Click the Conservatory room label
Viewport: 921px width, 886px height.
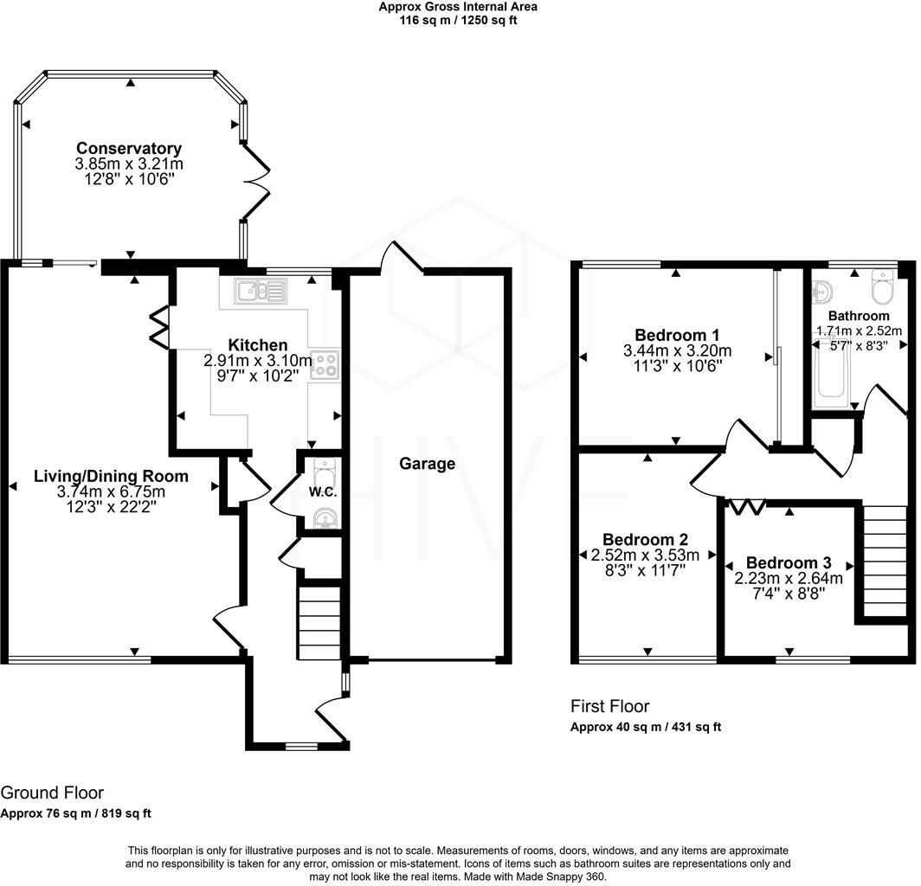coord(129,148)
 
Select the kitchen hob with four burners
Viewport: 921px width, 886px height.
coord(325,365)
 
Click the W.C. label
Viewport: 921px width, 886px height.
coord(323,492)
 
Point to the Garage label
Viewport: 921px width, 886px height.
coord(427,464)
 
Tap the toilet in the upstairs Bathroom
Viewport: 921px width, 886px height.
coord(882,287)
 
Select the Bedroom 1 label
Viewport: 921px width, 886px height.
coord(677,335)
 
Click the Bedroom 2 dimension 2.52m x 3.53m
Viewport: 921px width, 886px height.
coord(645,555)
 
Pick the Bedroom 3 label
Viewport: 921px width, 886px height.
coord(789,563)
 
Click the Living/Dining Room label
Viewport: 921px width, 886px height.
coord(111,476)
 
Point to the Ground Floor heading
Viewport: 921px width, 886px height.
coord(52,793)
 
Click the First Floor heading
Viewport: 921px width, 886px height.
coord(609,706)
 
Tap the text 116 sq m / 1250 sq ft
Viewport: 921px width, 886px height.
coord(458,21)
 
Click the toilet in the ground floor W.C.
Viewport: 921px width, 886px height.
coord(324,471)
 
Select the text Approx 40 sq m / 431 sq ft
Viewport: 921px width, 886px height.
coord(646,727)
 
